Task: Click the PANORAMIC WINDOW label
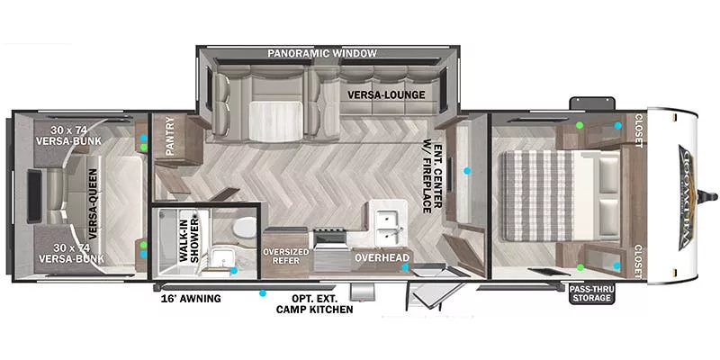321,54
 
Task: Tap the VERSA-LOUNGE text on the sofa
386,94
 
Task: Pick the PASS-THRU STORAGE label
590,292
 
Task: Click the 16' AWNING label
190,298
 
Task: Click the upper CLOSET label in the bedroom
639,131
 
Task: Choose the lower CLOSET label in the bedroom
639,260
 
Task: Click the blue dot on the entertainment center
467,170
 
